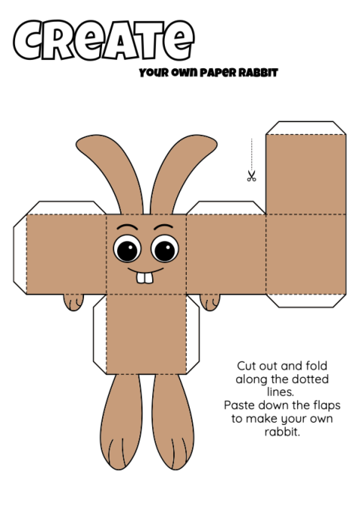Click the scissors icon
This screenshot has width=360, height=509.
point(251,175)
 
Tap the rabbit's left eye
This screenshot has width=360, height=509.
point(127,249)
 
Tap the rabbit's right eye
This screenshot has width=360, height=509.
point(165,249)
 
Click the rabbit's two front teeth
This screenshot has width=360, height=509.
point(145,278)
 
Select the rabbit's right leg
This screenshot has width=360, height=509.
point(172,422)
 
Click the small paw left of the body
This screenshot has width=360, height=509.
point(73,302)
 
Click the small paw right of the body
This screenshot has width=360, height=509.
point(210,302)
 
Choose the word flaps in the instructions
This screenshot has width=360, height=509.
point(327,405)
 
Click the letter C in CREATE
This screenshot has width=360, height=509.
point(28,40)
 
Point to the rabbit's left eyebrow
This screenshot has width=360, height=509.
point(127,226)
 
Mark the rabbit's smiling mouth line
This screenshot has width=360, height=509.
point(145,271)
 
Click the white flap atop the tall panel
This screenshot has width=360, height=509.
point(306,128)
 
